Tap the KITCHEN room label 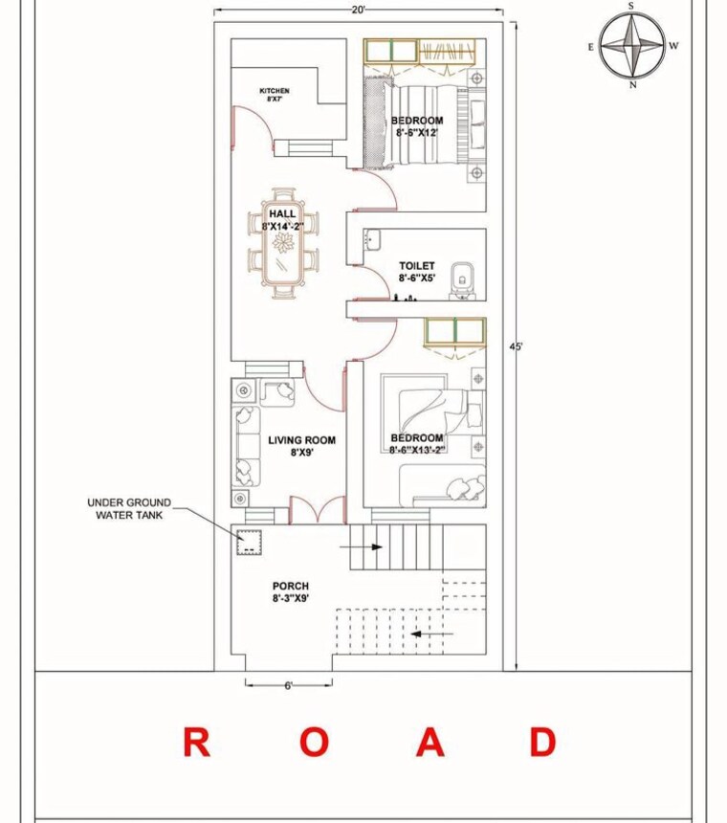[275, 94]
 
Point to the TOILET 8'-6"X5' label [416, 272]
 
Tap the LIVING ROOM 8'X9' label [301, 446]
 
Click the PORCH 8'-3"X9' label [290, 592]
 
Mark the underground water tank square [249, 541]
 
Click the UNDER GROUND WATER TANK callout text [129, 507]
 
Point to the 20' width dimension [359, 10]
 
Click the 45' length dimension [517, 346]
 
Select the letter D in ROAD [542, 742]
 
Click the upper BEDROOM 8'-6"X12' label [417, 126]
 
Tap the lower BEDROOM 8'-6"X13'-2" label [417, 444]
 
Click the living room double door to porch [316, 512]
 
